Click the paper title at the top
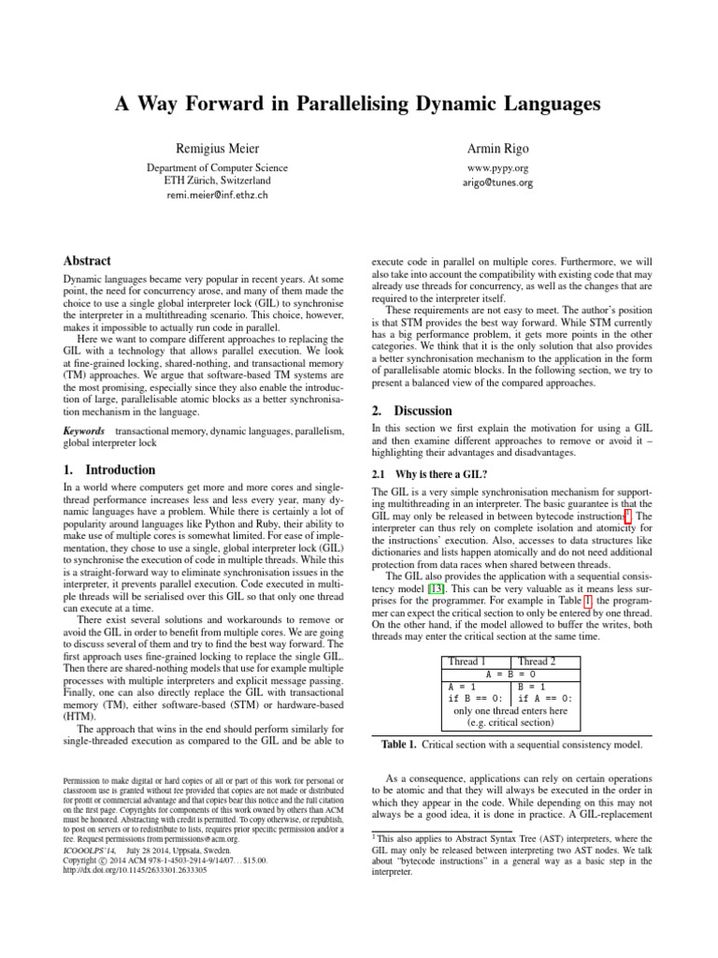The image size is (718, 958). tap(358, 103)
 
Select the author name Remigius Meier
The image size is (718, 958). tap(217, 150)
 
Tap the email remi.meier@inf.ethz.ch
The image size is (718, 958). tap(217, 196)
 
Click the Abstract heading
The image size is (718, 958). tap(87, 261)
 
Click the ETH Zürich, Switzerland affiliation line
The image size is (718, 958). tap(217, 181)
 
